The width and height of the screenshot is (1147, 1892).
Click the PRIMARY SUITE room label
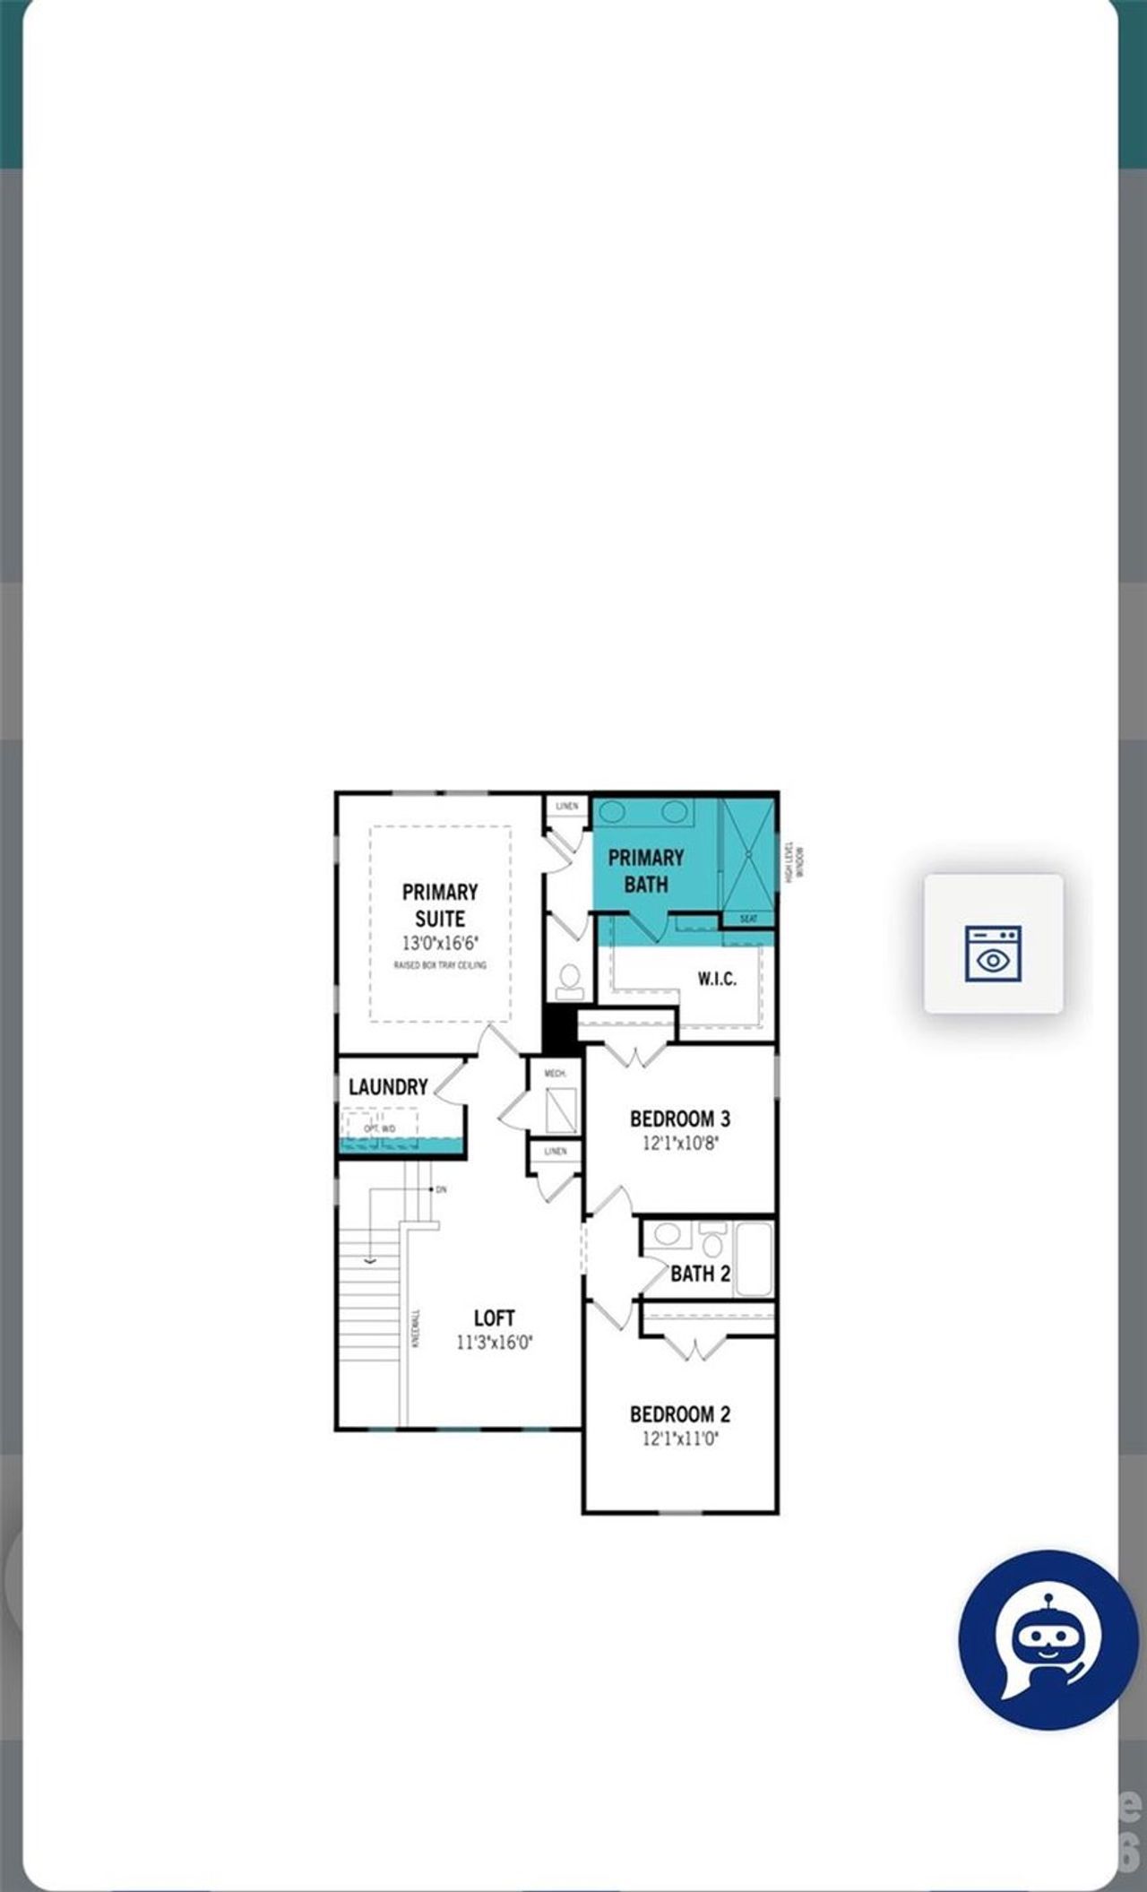click(x=439, y=905)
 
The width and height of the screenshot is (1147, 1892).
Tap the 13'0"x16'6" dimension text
click(x=440, y=943)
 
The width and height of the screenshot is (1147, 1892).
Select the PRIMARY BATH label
click(x=645, y=870)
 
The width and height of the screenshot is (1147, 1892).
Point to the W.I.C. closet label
click(x=717, y=979)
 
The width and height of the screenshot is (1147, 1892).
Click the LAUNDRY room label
click(x=388, y=1087)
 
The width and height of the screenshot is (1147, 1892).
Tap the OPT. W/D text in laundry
click(x=379, y=1128)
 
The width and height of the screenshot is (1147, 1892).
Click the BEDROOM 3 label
click(x=679, y=1119)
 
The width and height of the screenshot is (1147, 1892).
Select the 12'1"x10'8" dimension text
click(x=680, y=1144)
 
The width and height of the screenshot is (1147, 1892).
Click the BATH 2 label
click(x=700, y=1274)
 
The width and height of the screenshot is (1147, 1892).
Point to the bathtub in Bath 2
click(x=754, y=1259)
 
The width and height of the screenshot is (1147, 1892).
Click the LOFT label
click(x=494, y=1317)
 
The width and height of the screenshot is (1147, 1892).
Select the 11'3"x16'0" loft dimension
click(x=494, y=1343)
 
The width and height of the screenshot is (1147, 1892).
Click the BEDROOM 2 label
click(x=679, y=1414)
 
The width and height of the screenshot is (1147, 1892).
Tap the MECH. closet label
click(x=555, y=1073)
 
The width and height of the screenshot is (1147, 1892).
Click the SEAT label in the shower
click(x=748, y=919)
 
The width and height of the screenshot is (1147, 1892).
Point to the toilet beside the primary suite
click(x=570, y=981)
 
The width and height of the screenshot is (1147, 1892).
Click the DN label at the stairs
click(x=441, y=1189)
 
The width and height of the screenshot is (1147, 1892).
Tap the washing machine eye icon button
click(x=993, y=944)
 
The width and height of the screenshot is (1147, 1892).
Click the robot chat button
click(x=1048, y=1638)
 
